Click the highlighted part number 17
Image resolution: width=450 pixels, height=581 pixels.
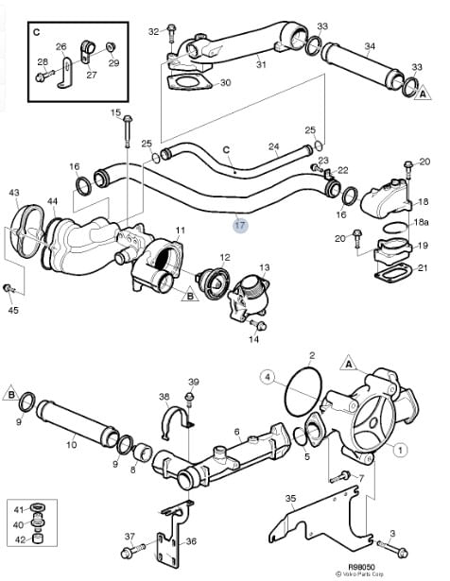(x=240, y=225)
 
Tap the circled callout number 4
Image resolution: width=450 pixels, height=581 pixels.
(x=268, y=377)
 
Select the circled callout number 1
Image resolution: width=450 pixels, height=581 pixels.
(x=400, y=451)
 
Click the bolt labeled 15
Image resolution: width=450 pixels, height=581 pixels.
(x=127, y=131)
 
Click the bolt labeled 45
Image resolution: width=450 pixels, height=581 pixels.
(x=9, y=288)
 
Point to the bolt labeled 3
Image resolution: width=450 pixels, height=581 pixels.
(x=392, y=549)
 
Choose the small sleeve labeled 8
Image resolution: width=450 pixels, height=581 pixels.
(x=143, y=453)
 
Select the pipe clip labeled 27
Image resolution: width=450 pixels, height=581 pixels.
(x=88, y=52)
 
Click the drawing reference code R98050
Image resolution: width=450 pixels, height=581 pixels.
(x=361, y=567)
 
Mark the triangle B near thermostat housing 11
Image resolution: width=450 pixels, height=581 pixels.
(x=190, y=295)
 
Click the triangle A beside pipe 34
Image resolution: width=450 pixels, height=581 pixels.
(x=423, y=93)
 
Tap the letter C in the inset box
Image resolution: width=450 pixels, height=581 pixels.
(x=36, y=32)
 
